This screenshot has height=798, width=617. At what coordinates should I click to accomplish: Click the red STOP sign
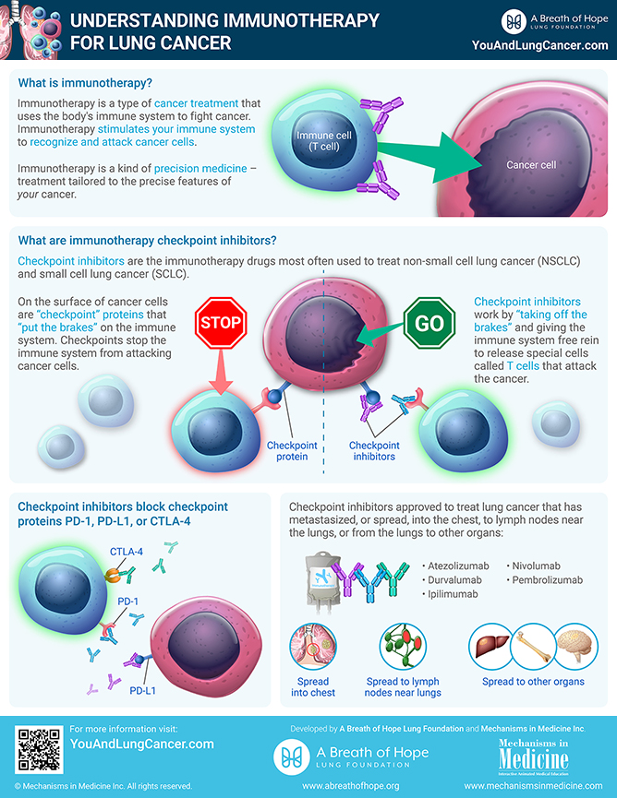pos(221,323)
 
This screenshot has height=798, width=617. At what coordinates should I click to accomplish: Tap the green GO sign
pos(429,323)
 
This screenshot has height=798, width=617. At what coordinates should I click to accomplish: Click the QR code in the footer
pos(38,749)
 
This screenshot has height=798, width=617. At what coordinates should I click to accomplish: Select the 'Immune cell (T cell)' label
pos(324,141)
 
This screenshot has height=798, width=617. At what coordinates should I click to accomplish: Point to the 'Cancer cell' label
pos(531,165)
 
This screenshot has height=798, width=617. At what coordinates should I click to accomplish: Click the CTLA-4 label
pos(127,552)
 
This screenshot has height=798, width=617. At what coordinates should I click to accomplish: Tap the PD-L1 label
pos(142,691)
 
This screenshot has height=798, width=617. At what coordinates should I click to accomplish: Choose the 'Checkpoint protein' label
pos(292,451)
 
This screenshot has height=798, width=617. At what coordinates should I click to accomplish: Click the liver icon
pos(490,647)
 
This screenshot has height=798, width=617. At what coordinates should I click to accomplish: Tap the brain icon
pos(576,646)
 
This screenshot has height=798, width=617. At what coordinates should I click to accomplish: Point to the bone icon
pos(533,647)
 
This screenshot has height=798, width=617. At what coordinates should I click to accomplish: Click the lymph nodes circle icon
pos(403,647)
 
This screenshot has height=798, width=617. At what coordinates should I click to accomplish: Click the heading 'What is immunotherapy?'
pos(85,83)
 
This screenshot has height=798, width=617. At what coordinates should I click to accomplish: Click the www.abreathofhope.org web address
pos(351,786)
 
